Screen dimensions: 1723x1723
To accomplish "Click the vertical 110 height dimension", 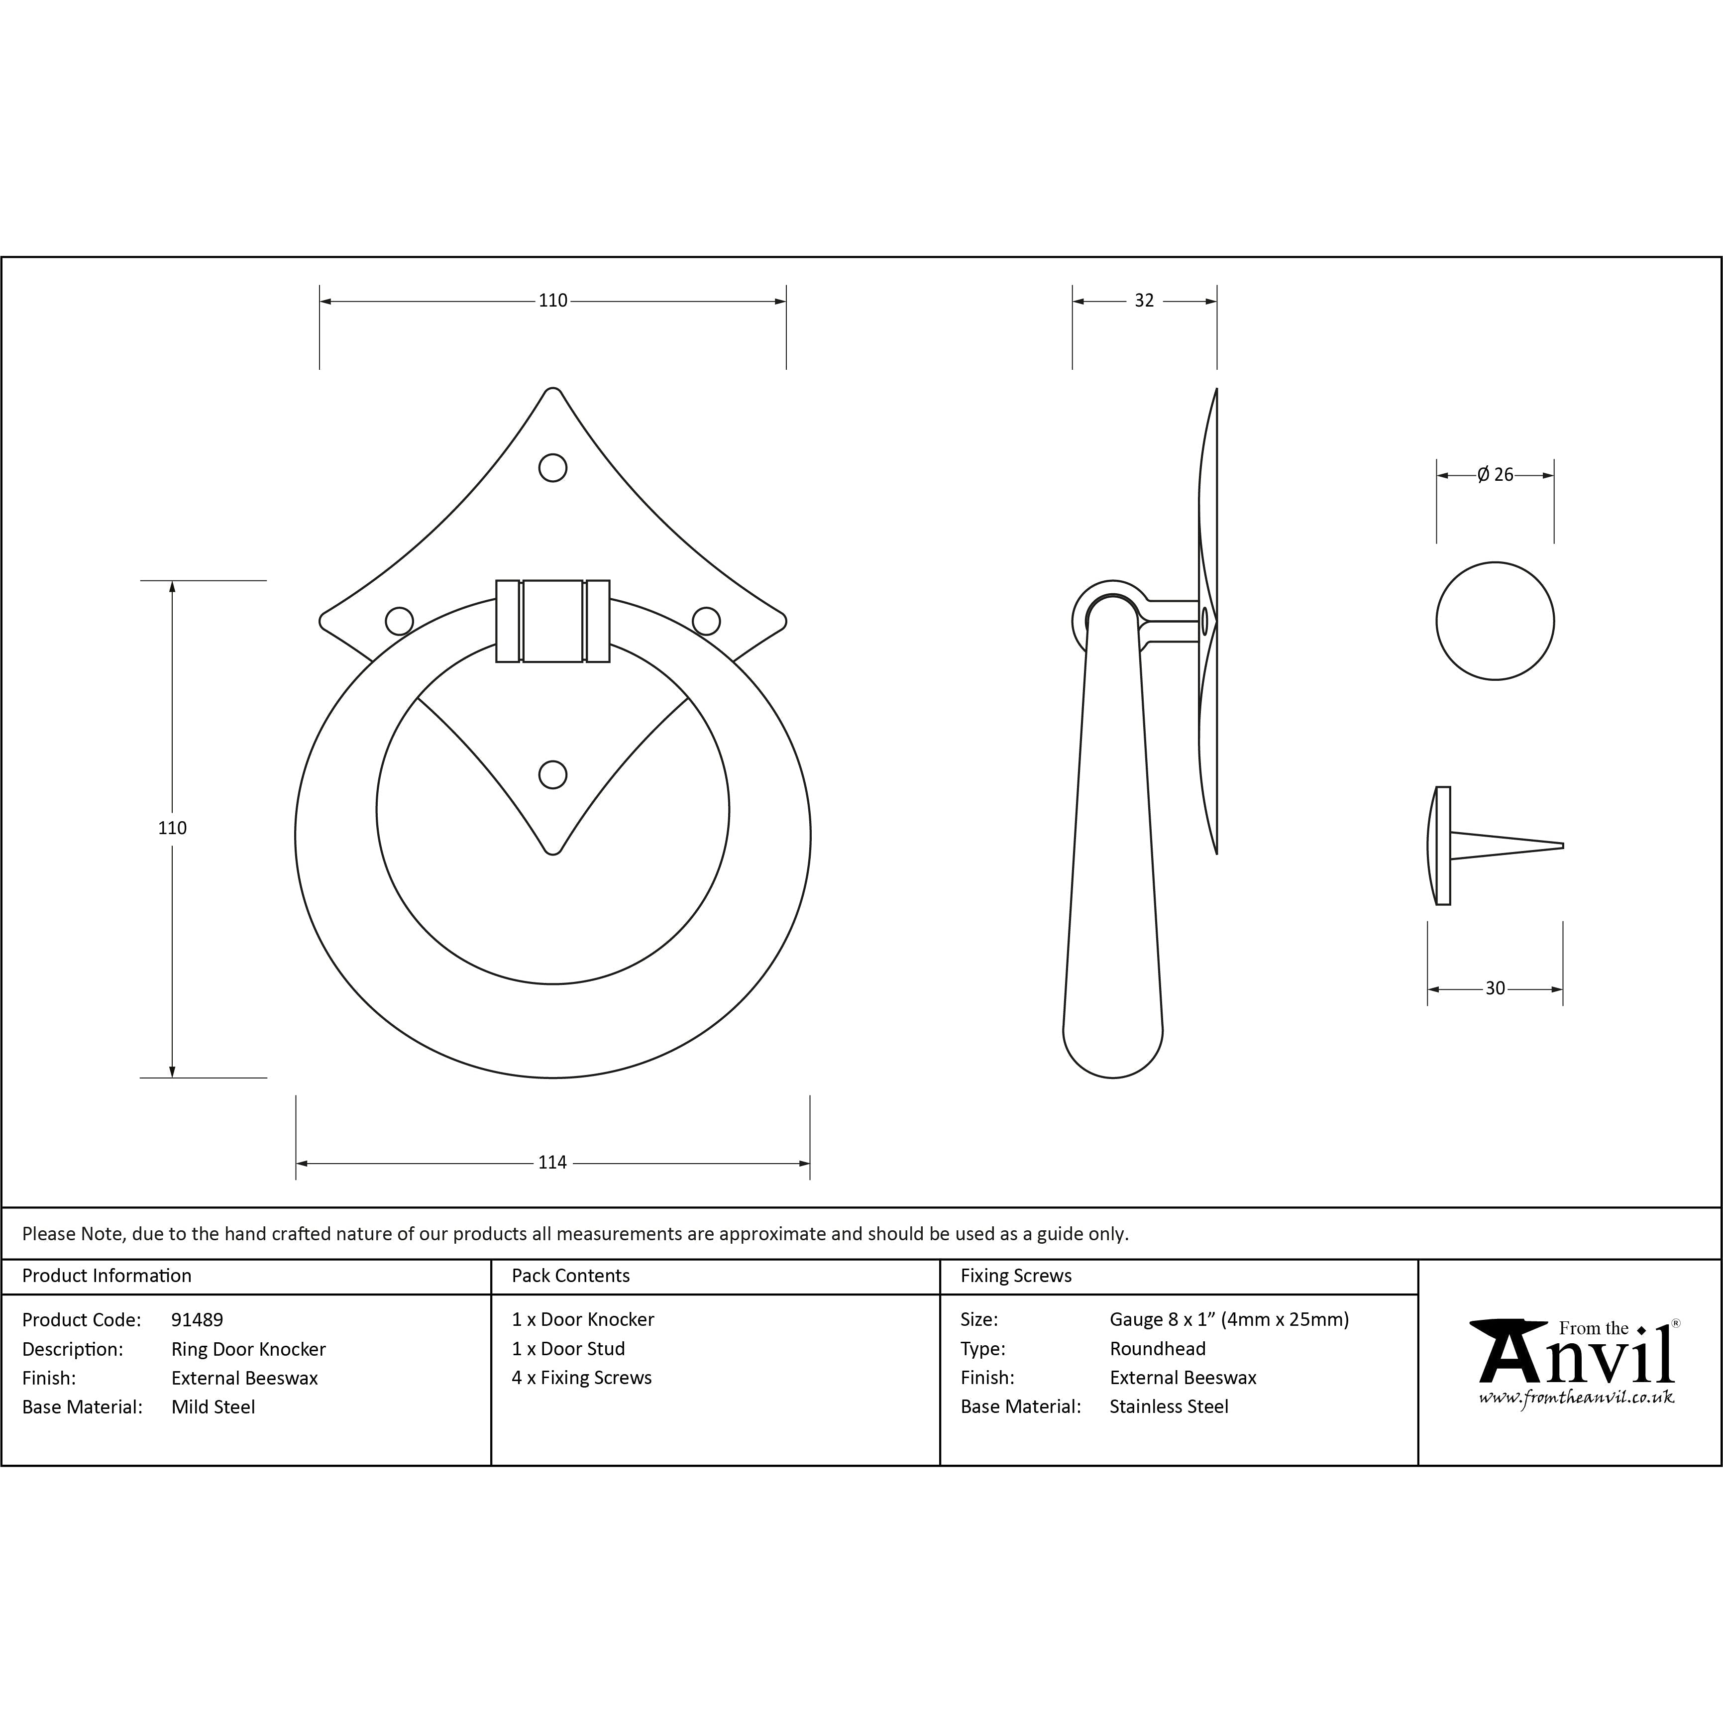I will pyautogui.click(x=172, y=828).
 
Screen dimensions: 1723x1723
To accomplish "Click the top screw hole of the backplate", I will pyautogui.click(x=553, y=468).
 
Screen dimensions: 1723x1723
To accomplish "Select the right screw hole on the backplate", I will pyautogui.click(x=706, y=622).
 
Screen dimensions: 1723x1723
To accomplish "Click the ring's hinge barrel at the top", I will pyautogui.click(x=553, y=622).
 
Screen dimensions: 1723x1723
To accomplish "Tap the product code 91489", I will pyautogui.click(x=197, y=1320).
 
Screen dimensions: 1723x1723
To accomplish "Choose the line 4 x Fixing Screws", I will pyautogui.click(x=581, y=1378).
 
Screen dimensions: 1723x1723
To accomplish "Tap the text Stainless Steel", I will pyautogui.click(x=1168, y=1406).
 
